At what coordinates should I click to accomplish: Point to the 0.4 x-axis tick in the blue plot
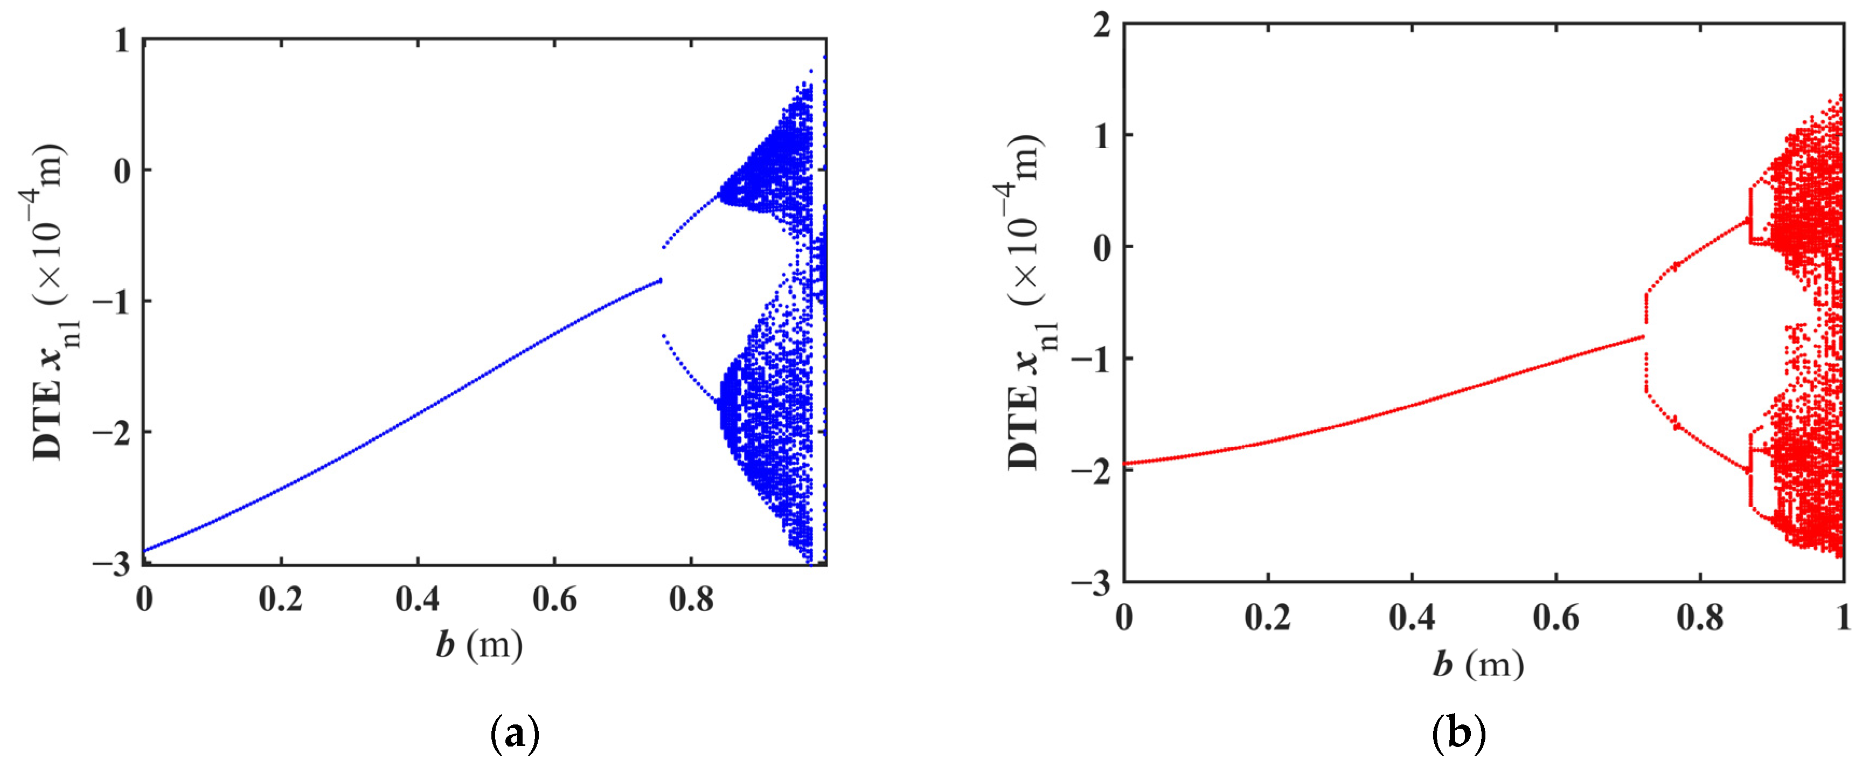click(x=417, y=599)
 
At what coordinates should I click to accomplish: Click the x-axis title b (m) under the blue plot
click(x=479, y=644)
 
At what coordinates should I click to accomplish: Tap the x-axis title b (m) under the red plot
click(x=1478, y=663)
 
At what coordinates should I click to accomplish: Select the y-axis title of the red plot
click(x=1025, y=302)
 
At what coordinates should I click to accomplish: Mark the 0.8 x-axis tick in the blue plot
click(x=690, y=599)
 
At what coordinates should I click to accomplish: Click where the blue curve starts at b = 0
click(x=144, y=551)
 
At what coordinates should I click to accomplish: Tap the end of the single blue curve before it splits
click(x=659, y=280)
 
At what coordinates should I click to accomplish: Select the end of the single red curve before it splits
click(x=1642, y=337)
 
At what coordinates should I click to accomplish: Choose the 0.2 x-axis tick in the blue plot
click(x=281, y=599)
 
